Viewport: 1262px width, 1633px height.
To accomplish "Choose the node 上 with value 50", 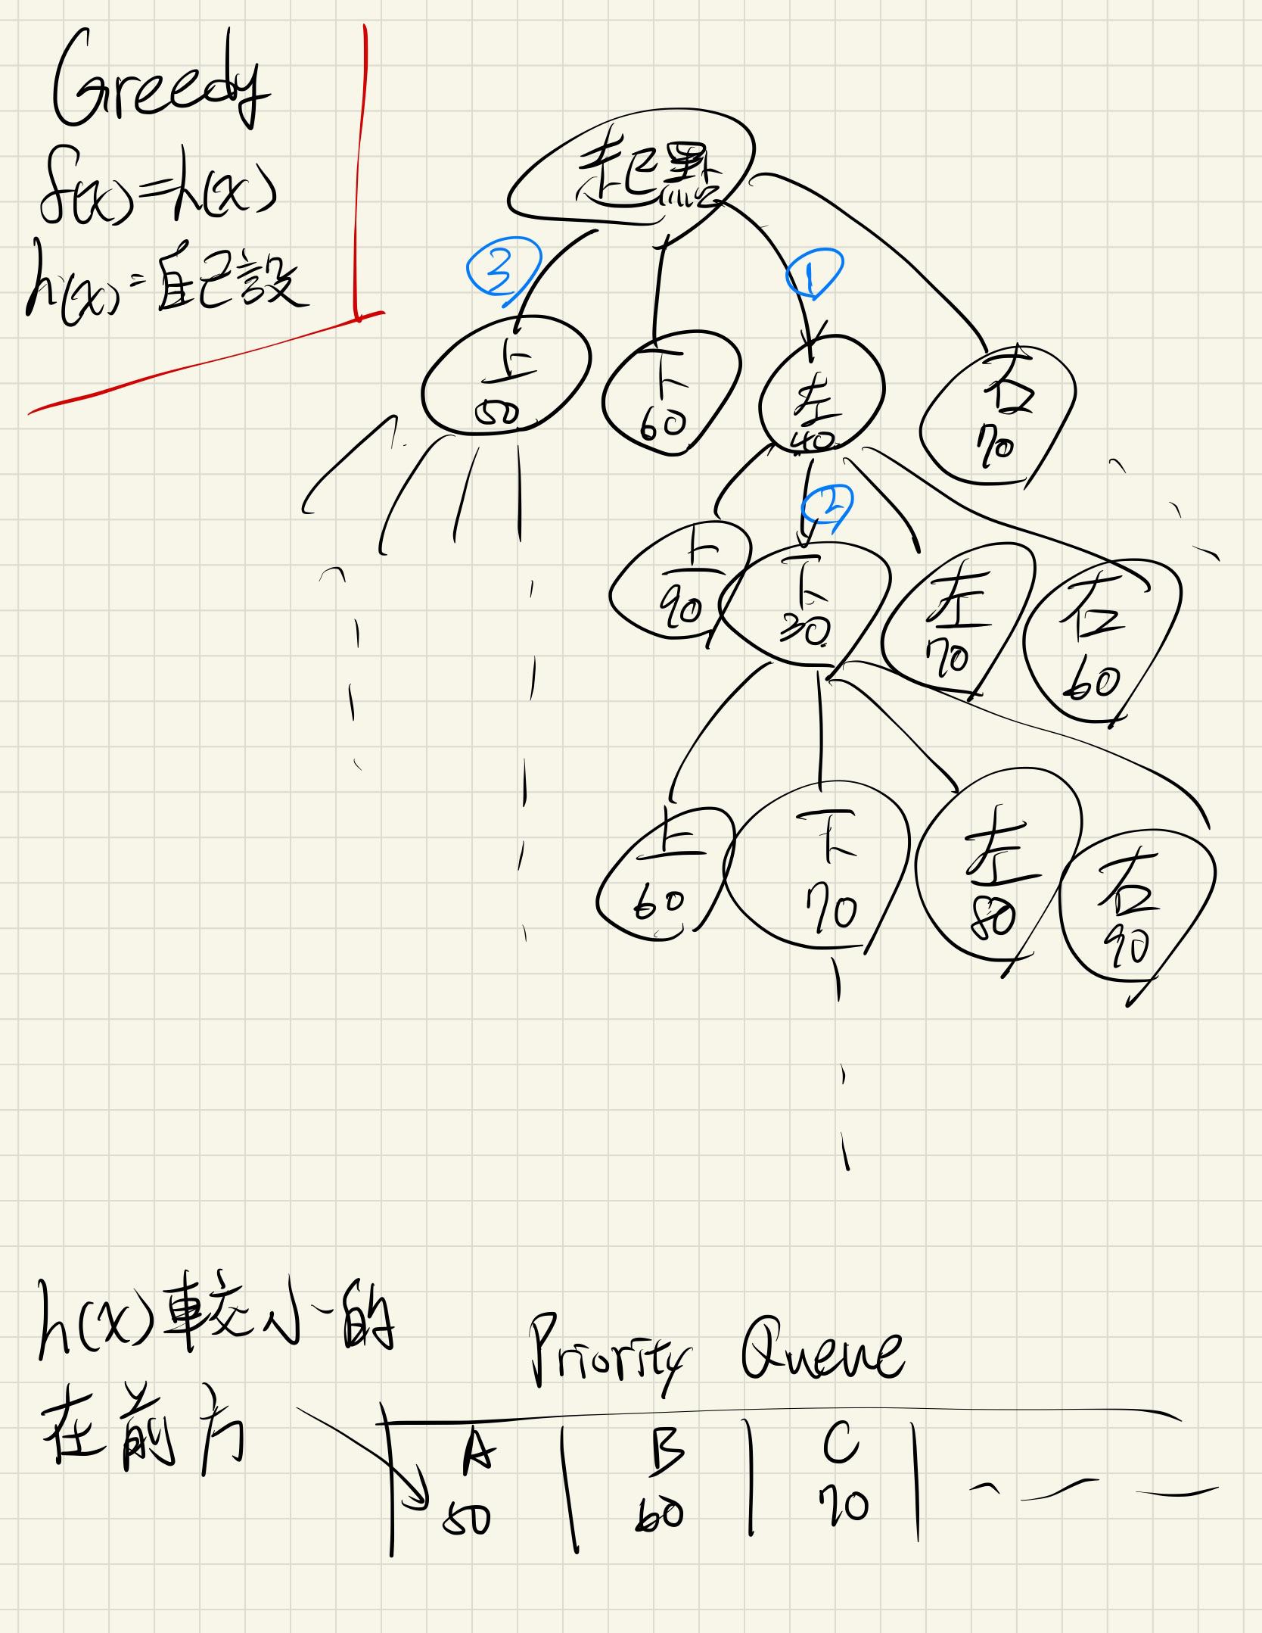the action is click(x=505, y=386).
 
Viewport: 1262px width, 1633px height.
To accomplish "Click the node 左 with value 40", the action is click(x=821, y=407).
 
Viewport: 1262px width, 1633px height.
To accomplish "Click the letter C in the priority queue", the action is click(x=840, y=1444).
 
